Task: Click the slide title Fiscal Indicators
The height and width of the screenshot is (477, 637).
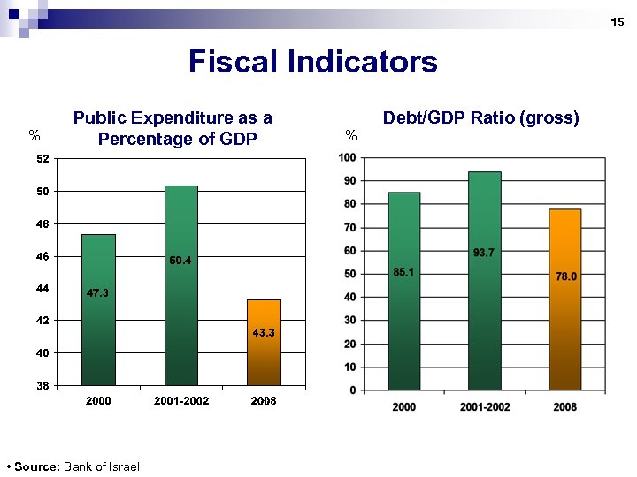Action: click(x=312, y=62)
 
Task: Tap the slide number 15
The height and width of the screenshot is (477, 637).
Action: click(x=618, y=21)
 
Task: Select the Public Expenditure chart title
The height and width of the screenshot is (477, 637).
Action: click(x=173, y=128)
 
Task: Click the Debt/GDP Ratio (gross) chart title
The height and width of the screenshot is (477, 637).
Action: click(x=480, y=117)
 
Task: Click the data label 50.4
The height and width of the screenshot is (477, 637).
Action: click(x=180, y=261)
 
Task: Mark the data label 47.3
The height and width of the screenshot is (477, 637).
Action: click(x=98, y=293)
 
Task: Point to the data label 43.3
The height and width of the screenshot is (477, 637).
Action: click(x=264, y=333)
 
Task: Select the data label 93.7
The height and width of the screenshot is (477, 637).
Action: click(x=484, y=253)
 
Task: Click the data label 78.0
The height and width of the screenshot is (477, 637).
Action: click(x=565, y=276)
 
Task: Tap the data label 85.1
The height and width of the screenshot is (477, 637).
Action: click(x=403, y=272)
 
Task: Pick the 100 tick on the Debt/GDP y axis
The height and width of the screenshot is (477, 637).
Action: click(x=347, y=158)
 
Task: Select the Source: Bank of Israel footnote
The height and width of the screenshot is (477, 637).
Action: click(x=72, y=466)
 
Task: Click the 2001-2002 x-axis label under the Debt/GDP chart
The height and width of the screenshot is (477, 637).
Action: click(x=484, y=406)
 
